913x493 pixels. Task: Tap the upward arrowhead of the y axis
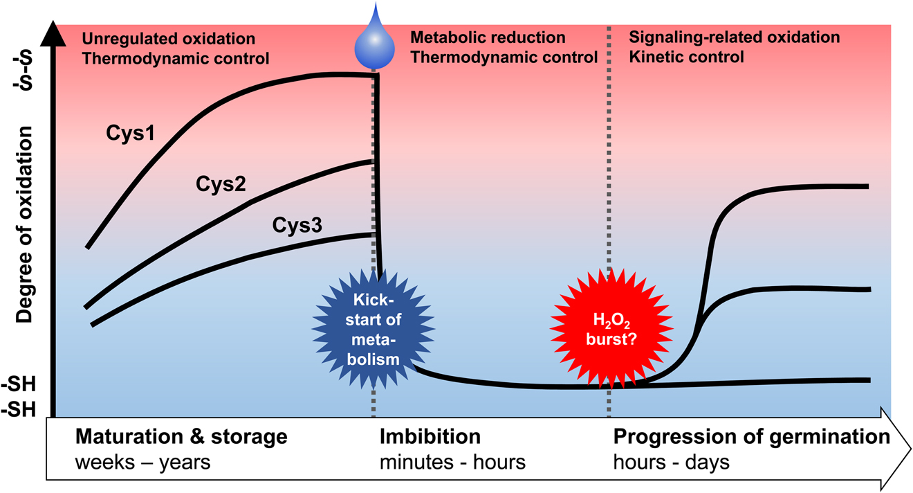pyautogui.click(x=53, y=31)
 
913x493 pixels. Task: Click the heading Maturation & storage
pyautogui.click(x=181, y=437)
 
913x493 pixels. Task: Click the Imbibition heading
pyautogui.click(x=430, y=437)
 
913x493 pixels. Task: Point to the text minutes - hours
pyautogui.click(x=452, y=462)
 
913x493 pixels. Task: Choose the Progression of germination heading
pyautogui.click(x=751, y=437)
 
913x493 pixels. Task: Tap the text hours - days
pyautogui.click(x=671, y=462)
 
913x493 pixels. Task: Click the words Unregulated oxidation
pyautogui.click(x=168, y=38)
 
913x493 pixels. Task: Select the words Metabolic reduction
pyautogui.click(x=488, y=38)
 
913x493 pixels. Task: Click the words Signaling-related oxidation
pyautogui.click(x=735, y=38)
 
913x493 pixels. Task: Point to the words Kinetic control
pyautogui.click(x=687, y=57)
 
